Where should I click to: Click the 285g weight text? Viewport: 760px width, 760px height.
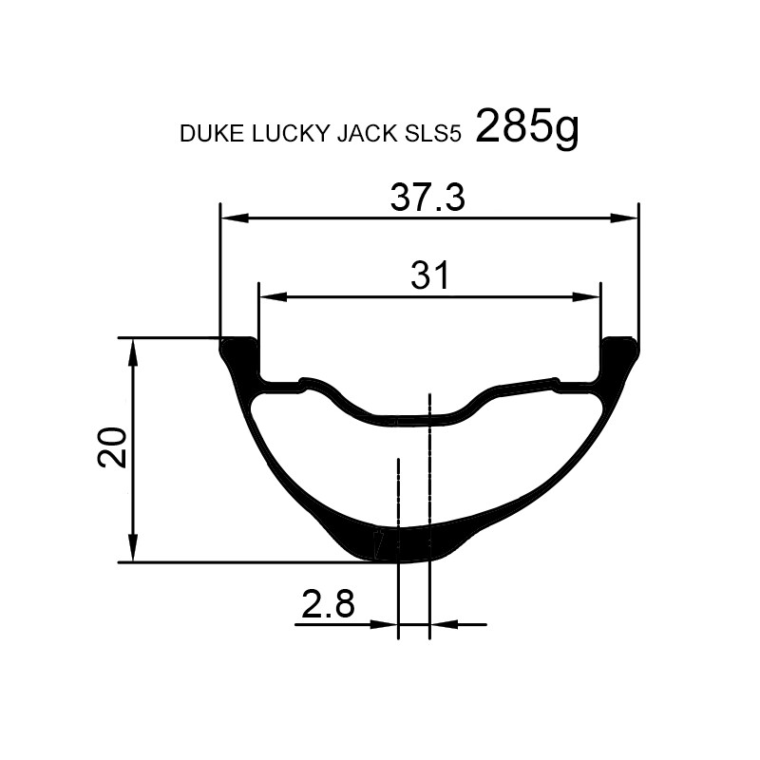(527, 128)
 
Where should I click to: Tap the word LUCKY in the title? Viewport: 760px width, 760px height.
(290, 133)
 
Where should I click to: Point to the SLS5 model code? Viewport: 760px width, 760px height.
(431, 133)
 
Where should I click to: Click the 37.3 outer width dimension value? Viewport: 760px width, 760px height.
(427, 198)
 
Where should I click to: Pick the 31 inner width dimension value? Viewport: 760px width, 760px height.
(430, 275)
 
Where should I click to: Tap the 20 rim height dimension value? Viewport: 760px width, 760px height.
(112, 447)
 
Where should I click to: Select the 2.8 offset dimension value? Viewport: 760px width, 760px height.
(328, 603)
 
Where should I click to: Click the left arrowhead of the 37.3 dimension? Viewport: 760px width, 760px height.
(235, 218)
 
